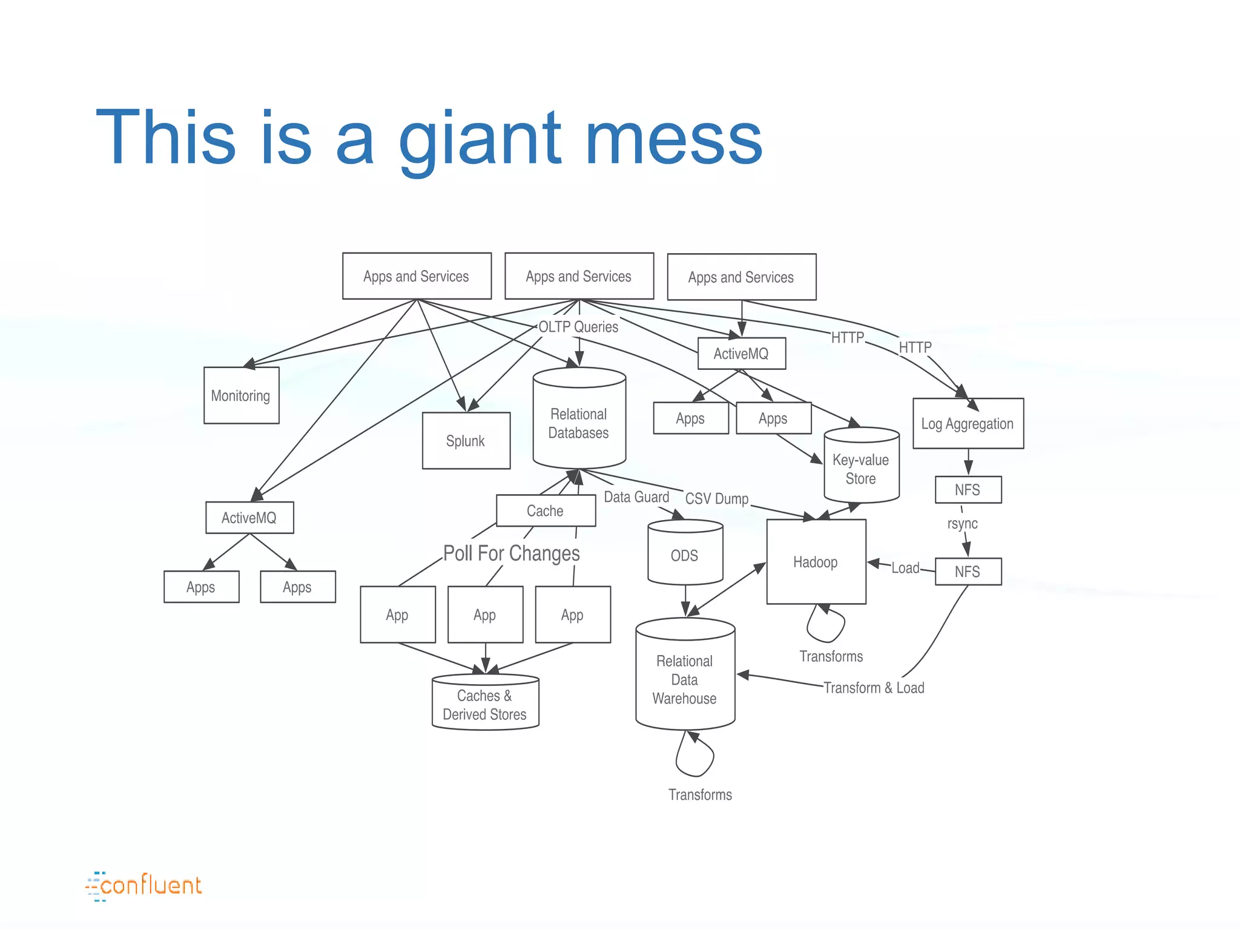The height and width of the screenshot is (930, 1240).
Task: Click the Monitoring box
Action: tap(241, 395)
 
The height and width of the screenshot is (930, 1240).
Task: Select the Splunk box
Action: tap(466, 441)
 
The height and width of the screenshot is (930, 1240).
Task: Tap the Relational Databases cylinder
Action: tap(579, 423)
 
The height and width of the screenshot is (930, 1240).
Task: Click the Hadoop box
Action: tap(816, 562)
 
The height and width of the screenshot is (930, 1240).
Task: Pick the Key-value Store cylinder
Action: tap(861, 469)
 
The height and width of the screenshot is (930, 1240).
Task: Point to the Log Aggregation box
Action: tap(968, 424)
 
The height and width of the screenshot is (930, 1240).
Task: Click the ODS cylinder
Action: tap(685, 555)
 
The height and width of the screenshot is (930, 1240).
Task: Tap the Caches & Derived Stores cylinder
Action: tap(485, 705)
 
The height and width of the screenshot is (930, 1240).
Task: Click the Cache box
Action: tap(545, 510)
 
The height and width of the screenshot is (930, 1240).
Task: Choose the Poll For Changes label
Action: tap(511, 553)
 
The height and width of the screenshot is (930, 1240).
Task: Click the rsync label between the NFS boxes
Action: tap(962, 523)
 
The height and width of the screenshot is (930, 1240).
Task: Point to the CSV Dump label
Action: tap(717, 498)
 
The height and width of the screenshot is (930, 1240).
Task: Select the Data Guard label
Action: tap(636, 497)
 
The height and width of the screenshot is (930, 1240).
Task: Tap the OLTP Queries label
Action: tap(578, 327)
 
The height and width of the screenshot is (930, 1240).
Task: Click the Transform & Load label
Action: tap(874, 688)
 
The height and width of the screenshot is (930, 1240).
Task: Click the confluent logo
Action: tap(144, 886)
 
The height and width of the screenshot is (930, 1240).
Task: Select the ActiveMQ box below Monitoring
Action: tap(249, 518)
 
